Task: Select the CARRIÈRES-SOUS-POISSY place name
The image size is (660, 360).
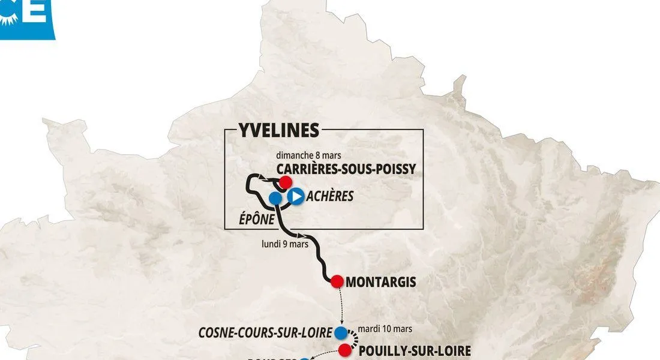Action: pyautogui.click(x=346, y=169)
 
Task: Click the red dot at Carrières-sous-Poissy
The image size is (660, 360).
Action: pyautogui.click(x=286, y=181)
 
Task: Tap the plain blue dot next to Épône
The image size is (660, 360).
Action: pyautogui.click(x=275, y=197)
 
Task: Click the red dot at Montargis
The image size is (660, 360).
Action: pyautogui.click(x=337, y=280)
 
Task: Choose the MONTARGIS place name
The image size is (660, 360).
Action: pyautogui.click(x=381, y=281)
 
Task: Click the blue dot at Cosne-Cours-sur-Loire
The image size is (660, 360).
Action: pyautogui.click(x=341, y=332)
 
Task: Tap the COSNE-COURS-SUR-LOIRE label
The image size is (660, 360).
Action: pyautogui.click(x=266, y=332)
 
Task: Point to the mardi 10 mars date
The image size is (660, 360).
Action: pyautogui.click(x=385, y=329)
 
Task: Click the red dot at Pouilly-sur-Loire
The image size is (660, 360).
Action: pyautogui.click(x=344, y=350)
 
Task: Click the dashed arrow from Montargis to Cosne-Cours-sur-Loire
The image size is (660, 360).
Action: pyautogui.click(x=341, y=306)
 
